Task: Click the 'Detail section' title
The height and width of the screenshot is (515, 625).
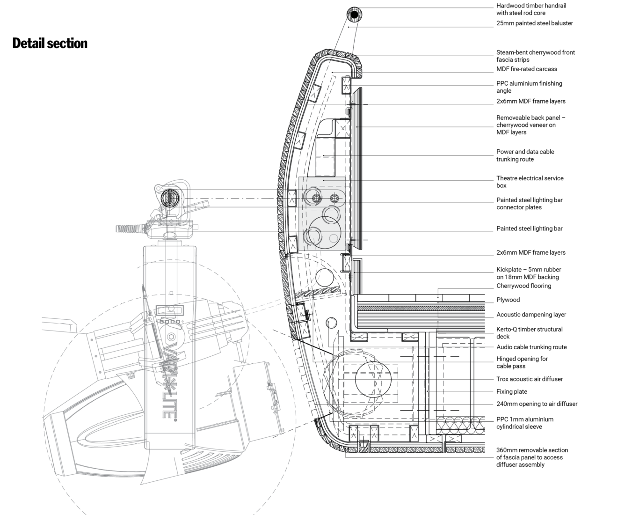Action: (50, 44)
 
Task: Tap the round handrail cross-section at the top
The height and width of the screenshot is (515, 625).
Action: (354, 14)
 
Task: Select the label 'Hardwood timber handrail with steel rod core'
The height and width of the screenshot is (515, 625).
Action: (531, 9)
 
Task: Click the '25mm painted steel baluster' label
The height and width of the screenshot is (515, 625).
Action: (535, 23)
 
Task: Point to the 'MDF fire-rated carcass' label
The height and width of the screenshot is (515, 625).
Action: (527, 69)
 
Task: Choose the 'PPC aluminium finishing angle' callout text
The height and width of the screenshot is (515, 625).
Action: (529, 87)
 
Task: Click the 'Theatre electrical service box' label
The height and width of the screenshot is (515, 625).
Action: (530, 182)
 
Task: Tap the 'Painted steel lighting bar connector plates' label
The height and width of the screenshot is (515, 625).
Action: (529, 204)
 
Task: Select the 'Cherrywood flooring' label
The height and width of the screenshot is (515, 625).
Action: (523, 286)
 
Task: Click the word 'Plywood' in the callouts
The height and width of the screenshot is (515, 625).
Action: (508, 300)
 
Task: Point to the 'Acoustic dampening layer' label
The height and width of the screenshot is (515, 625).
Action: (531, 315)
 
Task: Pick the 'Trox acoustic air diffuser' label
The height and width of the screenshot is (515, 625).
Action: (529, 379)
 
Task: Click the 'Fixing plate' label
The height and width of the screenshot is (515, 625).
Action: (512, 391)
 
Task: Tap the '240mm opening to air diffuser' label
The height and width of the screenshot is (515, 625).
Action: (537, 404)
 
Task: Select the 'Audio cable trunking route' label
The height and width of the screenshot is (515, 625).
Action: (531, 347)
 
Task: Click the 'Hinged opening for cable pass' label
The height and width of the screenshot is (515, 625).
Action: (522, 362)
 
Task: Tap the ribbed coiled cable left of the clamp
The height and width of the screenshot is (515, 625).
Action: (131, 229)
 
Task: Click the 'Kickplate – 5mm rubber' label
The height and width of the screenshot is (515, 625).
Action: (529, 270)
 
